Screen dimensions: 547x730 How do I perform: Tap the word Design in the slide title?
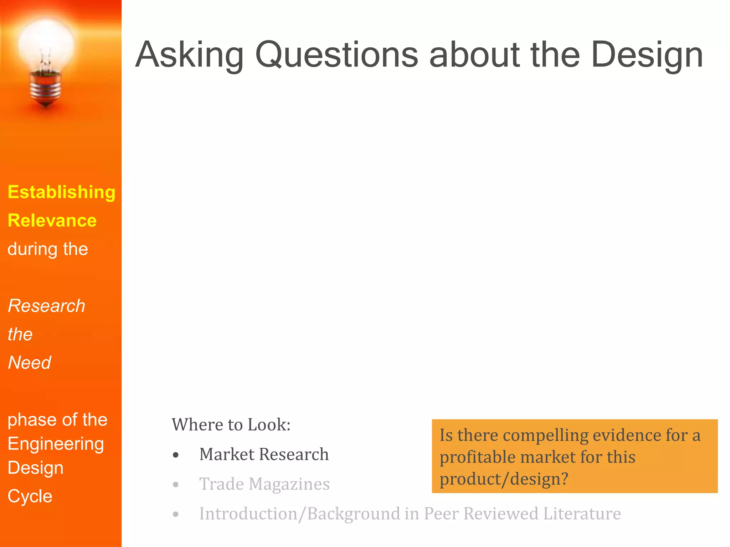[647, 55]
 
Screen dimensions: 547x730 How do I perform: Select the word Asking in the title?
[189, 55]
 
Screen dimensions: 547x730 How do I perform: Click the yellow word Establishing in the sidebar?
[61, 192]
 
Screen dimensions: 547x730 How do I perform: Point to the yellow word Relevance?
[52, 220]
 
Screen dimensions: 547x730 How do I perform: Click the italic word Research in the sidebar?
[46, 306]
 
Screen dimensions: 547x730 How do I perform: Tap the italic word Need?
[30, 363]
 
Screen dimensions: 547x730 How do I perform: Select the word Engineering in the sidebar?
[56, 444]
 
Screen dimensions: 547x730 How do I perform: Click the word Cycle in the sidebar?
[30, 496]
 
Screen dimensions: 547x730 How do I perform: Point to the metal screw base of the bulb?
[45, 89]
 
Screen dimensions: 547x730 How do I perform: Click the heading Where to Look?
[231, 425]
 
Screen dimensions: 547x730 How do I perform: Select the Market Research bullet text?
[264, 454]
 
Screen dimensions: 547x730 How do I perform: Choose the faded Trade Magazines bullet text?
[264, 484]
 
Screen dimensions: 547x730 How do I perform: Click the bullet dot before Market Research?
[175, 455]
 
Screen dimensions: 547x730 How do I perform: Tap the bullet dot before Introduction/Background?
[175, 515]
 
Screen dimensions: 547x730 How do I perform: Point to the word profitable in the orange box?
[477, 457]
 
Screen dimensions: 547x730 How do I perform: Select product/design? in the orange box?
[503, 479]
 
